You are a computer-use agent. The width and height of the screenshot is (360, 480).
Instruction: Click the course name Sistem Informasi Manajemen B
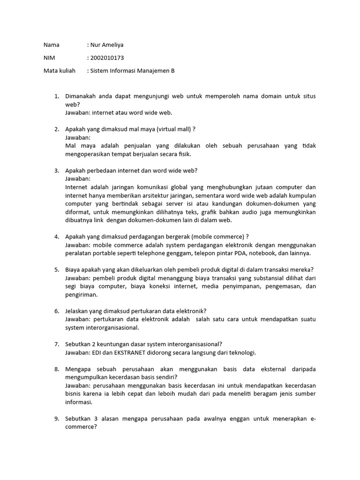coord(133,71)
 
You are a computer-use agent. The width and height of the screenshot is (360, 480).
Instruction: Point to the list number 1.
coord(56,96)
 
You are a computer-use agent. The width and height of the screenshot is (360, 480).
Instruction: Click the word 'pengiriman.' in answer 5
coord(82,295)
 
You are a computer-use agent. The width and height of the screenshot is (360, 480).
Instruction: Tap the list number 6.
coord(56,311)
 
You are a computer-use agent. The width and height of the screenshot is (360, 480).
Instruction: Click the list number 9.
coord(56,419)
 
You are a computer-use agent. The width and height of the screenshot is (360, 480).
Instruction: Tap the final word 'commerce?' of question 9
coord(81,427)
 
